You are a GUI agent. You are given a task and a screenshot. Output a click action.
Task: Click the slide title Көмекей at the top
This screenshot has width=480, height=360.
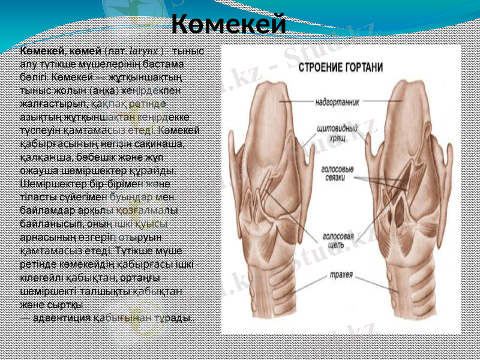coord(229,25)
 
